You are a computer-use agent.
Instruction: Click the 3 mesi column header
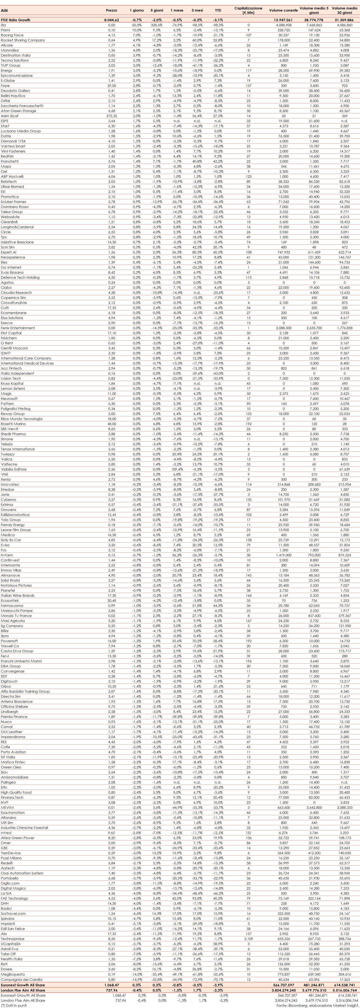click(197, 10)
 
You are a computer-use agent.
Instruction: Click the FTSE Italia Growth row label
click(15, 20)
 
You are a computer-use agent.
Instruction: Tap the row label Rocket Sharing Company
click(23, 40)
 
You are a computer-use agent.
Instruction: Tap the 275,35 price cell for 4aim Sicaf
click(111, 116)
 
